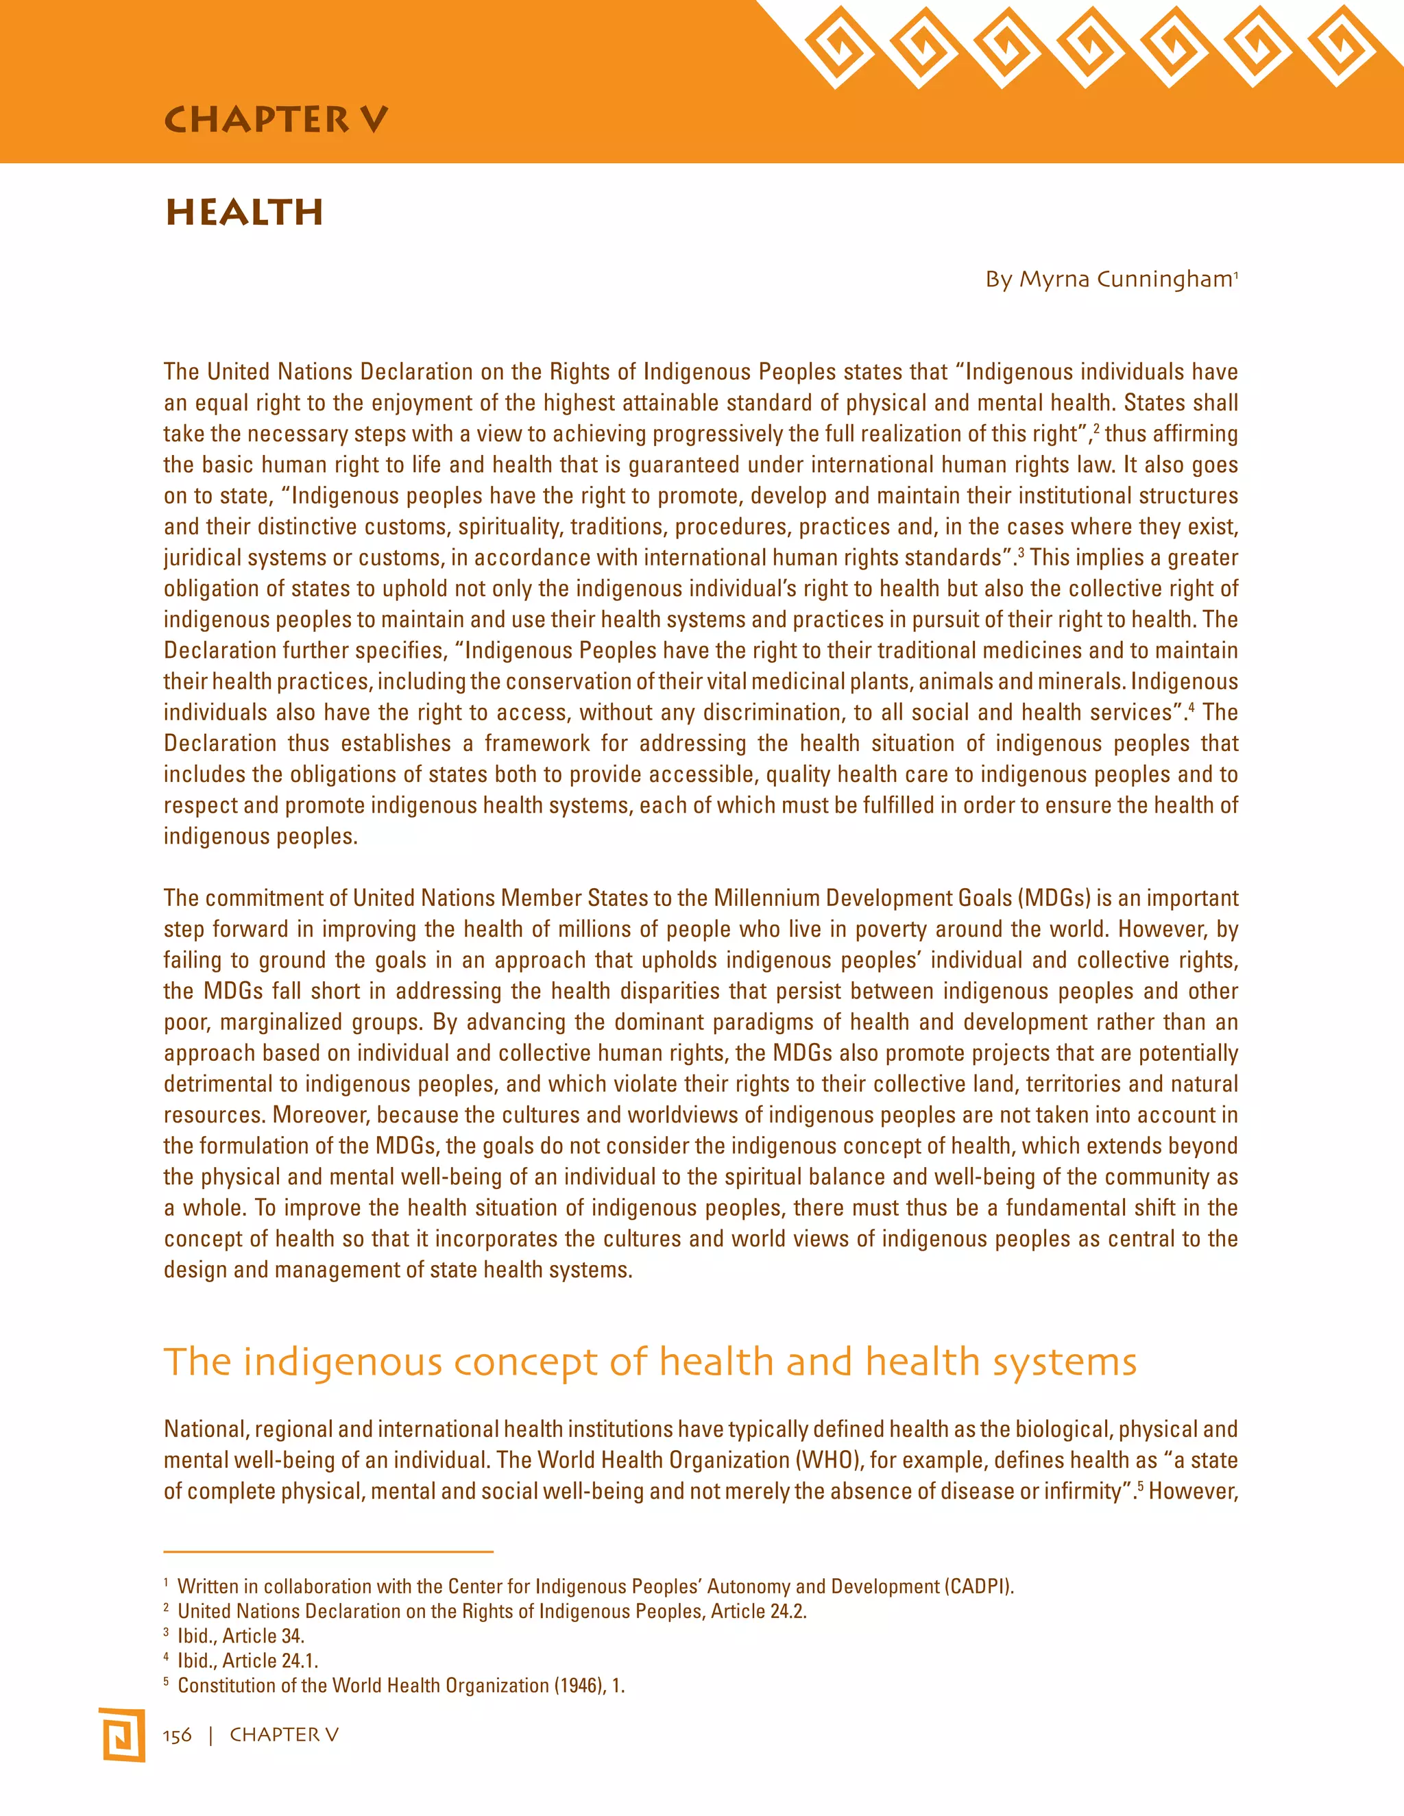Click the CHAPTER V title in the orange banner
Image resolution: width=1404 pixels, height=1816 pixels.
pos(276,120)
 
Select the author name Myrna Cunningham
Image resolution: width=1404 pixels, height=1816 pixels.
pos(1126,280)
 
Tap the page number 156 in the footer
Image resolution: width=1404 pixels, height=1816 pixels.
pos(177,1735)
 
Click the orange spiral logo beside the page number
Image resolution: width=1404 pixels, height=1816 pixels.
pos(121,1734)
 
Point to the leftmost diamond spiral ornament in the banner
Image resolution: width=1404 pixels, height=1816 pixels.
pos(838,47)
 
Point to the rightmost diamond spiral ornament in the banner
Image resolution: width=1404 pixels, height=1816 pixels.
pos(1340,47)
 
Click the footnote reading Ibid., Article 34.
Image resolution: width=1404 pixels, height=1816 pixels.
pos(241,1636)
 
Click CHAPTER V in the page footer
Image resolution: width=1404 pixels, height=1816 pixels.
pos(284,1735)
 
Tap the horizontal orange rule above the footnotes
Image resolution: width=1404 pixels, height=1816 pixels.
pos(328,1551)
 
